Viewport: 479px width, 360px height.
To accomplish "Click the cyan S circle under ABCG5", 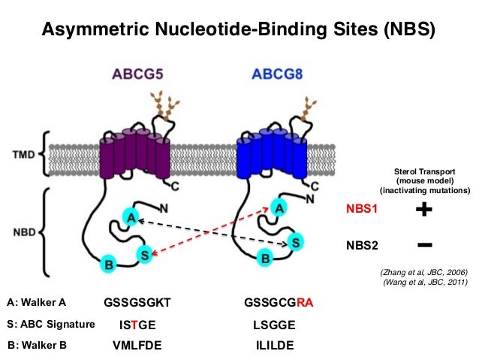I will (145, 256).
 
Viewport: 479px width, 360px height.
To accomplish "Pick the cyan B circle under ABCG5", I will (109, 264).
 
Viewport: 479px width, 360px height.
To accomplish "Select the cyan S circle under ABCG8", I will (296, 242).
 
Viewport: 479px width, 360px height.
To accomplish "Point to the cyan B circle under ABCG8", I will (264, 259).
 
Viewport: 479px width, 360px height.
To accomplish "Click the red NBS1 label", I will (363, 212).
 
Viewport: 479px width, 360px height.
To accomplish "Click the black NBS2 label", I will (363, 245).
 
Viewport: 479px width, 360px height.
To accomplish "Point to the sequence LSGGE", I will (275, 325).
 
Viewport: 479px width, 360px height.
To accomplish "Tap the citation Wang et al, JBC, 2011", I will (425, 282).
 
